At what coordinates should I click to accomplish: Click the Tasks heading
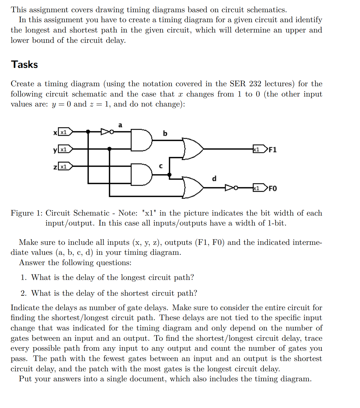click(x=24, y=64)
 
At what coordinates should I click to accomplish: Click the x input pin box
click(x=65, y=132)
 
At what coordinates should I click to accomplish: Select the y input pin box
click(x=65, y=149)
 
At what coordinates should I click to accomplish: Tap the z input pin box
click(x=65, y=166)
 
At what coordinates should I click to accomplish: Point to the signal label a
click(x=120, y=125)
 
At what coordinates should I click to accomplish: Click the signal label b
click(x=165, y=133)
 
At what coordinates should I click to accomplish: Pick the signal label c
click(x=161, y=166)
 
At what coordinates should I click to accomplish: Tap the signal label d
click(x=214, y=178)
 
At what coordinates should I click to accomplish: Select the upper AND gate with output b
click(x=141, y=140)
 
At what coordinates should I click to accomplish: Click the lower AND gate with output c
click(x=141, y=174)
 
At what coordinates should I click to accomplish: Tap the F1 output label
click(x=272, y=150)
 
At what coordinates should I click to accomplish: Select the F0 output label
click(x=272, y=188)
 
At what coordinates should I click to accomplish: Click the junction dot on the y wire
click(x=109, y=149)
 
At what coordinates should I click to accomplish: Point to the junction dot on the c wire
click(x=169, y=175)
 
